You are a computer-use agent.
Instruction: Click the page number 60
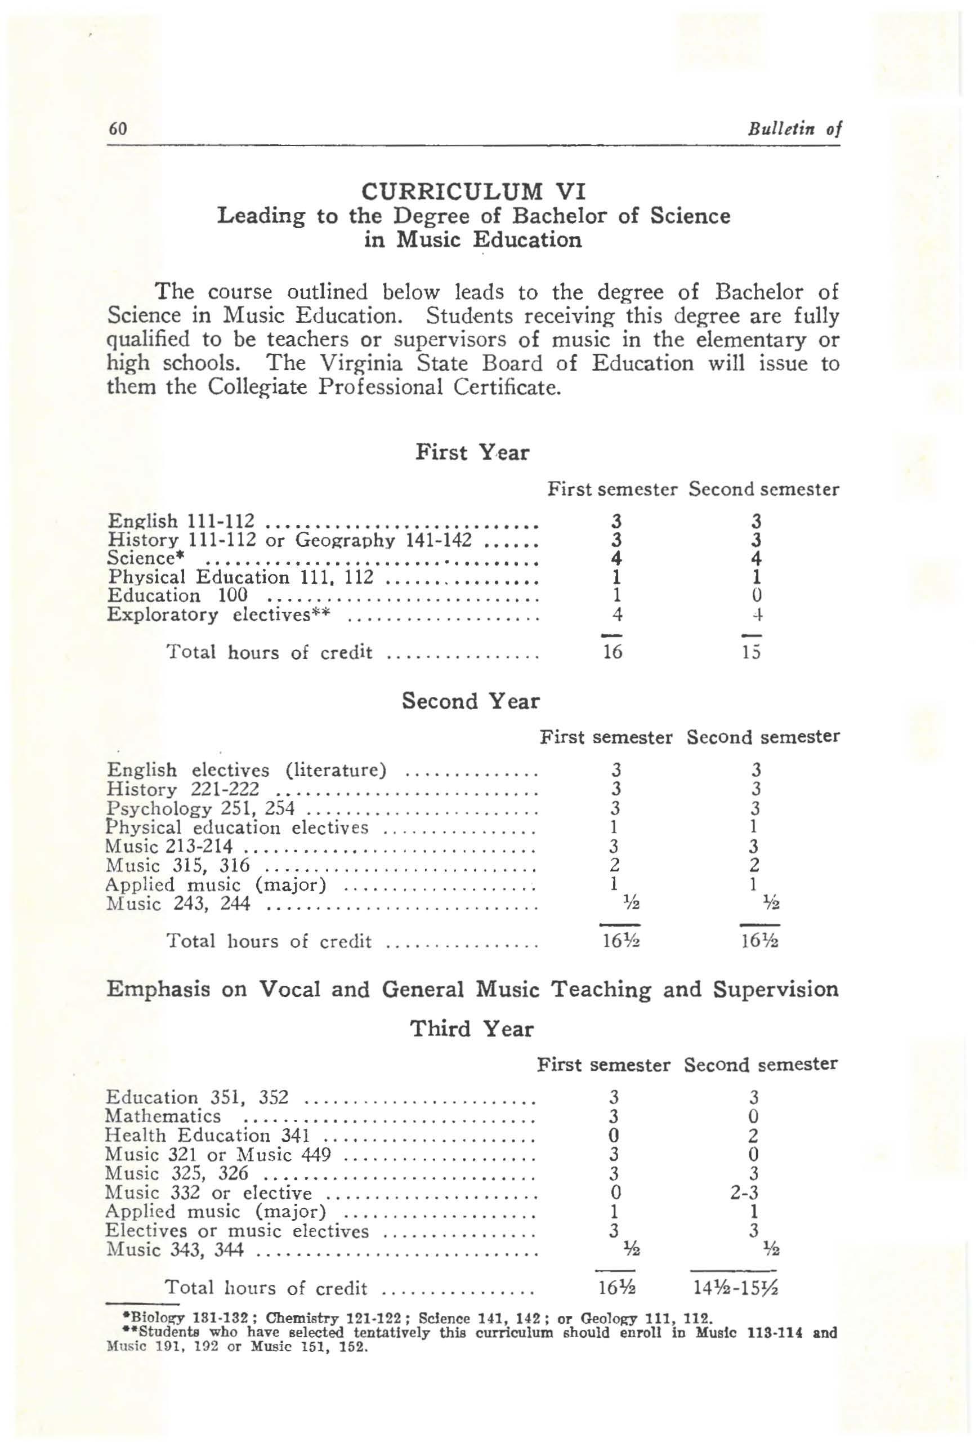118,128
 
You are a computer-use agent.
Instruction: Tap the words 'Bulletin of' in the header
794,129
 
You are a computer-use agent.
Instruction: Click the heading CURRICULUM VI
473,191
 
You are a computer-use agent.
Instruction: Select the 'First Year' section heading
472,452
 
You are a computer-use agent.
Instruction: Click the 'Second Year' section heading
471,701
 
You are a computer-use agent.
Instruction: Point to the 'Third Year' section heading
471,1029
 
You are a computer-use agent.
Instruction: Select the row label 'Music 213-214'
169,847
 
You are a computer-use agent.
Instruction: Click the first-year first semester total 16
613,652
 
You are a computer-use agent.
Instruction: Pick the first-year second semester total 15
751,652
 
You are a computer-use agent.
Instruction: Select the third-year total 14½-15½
735,1289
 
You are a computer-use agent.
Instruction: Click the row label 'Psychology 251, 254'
200,809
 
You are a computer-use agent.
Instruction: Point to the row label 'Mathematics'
163,1116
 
